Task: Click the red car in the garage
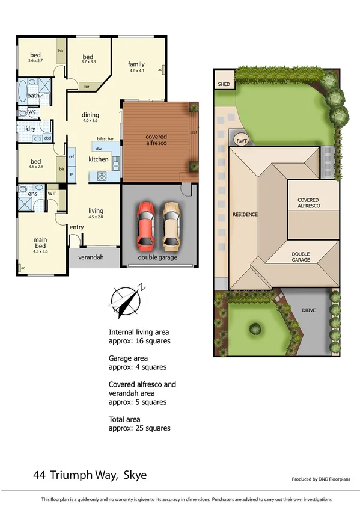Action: [145, 226]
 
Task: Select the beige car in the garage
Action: [171, 226]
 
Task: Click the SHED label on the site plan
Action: [224, 85]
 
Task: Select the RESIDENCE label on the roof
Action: [245, 215]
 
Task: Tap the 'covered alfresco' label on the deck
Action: [156, 140]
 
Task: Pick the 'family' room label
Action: [136, 64]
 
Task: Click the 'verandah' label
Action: [91, 257]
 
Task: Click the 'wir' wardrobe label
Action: [52, 192]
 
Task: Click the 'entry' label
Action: [76, 227]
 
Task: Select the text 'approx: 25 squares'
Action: [139, 428]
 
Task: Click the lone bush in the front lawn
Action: [255, 329]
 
